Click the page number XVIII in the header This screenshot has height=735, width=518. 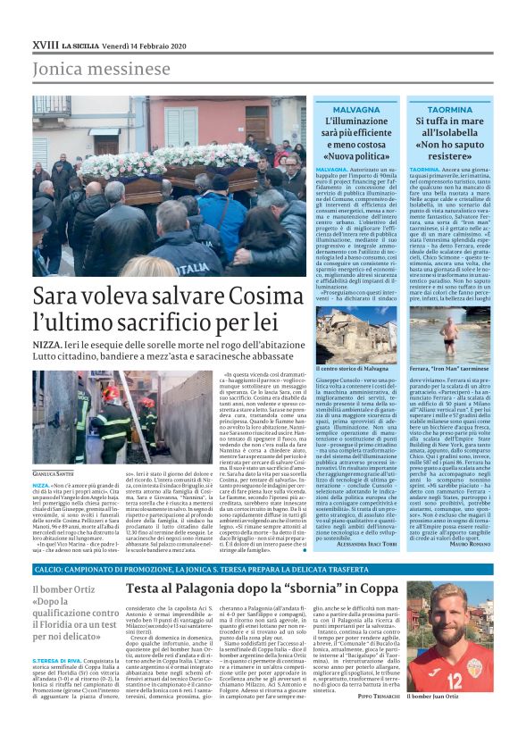point(46,43)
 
